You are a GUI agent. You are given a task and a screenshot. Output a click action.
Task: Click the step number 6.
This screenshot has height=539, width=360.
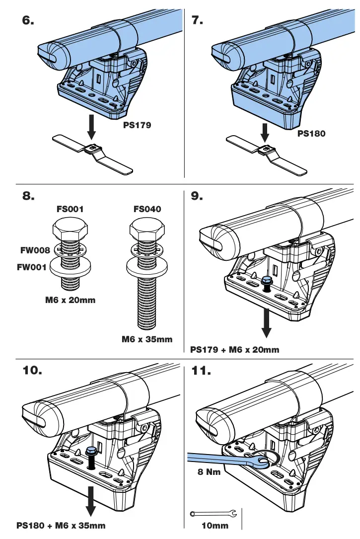point(29,20)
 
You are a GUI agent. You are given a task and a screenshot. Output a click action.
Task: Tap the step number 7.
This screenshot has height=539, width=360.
point(197,20)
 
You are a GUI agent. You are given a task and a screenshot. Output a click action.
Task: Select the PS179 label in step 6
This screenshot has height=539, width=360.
point(137,126)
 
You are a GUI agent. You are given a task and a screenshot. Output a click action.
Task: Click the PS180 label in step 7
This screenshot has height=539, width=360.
point(311,133)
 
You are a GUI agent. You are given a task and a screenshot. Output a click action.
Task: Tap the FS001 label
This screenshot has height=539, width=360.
point(70,209)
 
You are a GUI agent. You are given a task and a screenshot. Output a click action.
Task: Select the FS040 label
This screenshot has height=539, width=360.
point(147,209)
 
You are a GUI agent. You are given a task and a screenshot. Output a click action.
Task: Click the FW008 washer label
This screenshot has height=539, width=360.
point(34,250)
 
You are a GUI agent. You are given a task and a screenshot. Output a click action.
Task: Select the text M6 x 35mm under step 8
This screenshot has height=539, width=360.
point(147,339)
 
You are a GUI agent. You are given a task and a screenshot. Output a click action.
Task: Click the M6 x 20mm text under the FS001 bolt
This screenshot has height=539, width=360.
point(70,300)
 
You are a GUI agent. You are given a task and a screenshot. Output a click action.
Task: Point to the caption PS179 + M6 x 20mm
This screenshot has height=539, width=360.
point(235,349)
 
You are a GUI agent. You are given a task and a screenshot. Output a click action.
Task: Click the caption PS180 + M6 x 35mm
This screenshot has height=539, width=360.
point(61,525)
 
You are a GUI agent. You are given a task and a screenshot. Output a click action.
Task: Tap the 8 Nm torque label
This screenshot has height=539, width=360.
point(209,472)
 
